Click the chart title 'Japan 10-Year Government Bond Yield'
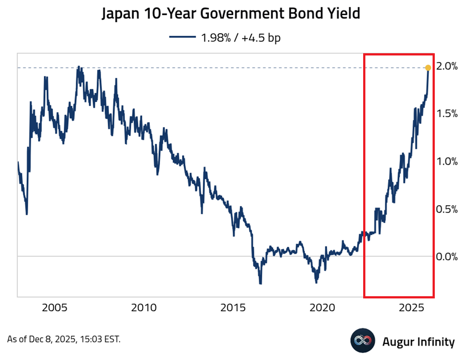[x=231, y=13]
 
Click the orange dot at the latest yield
[x=428, y=68]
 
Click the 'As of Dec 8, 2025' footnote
[x=63, y=339]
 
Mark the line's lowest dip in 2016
[x=260, y=283]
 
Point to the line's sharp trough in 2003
[x=27, y=214]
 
